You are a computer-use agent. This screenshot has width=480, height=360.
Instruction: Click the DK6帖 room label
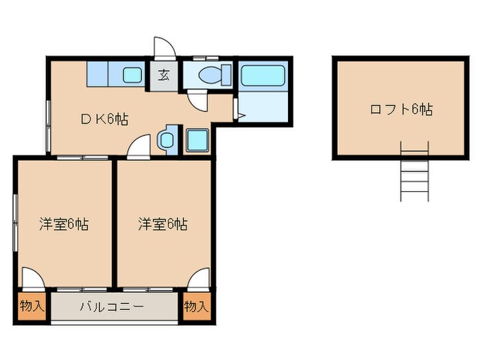click(x=105, y=118)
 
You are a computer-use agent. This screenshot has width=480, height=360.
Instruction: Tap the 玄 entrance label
click(x=165, y=75)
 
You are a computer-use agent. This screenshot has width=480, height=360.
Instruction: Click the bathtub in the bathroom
click(x=263, y=75)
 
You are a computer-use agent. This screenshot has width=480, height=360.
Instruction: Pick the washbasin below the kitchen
click(x=167, y=140)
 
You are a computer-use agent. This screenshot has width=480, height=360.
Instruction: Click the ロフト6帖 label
click(x=401, y=108)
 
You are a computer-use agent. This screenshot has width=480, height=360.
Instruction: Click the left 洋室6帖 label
click(x=63, y=224)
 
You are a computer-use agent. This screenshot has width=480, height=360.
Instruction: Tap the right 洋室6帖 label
click(x=163, y=224)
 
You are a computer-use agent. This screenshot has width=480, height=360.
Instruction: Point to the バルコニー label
click(x=111, y=307)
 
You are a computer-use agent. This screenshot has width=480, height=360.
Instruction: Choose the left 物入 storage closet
click(x=32, y=306)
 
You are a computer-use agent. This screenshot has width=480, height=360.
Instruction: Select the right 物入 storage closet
click(x=196, y=306)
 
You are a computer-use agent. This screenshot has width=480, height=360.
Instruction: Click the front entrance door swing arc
click(x=165, y=47)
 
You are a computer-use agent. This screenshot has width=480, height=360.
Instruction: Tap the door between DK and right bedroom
click(x=139, y=145)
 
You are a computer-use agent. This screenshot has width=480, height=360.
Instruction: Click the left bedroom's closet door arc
click(x=32, y=278)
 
